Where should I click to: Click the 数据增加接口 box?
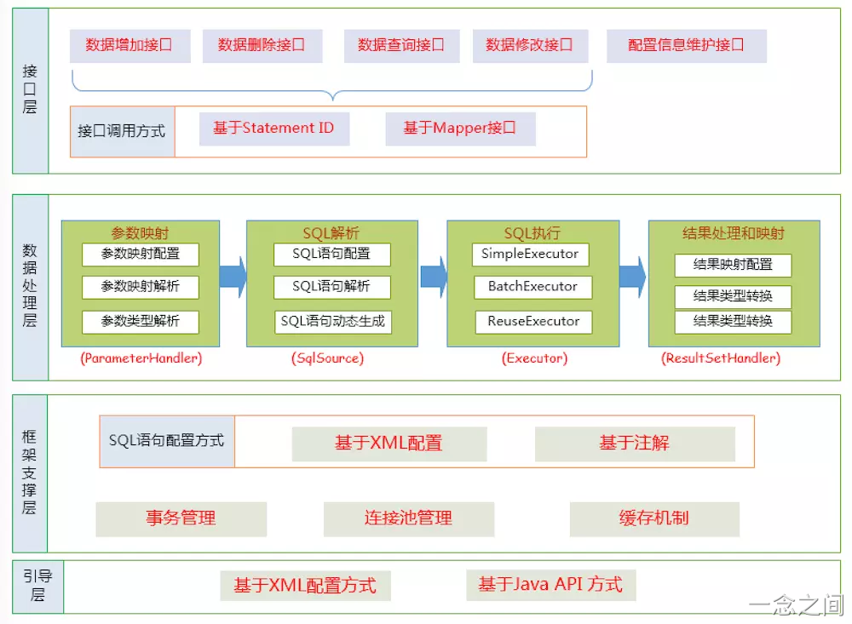coord(130,45)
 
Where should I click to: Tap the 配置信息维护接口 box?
coord(687,45)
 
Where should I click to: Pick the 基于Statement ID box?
coord(274,129)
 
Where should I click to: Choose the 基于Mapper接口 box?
coord(460,129)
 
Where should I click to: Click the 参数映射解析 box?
coord(141,286)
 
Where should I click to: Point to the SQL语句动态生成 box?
coord(333,321)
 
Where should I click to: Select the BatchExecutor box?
coord(532,286)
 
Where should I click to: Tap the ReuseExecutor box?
coord(532,321)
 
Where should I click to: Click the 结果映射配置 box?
coord(733,265)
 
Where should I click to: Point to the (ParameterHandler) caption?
coord(141,358)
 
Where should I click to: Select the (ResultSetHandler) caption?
coord(721,358)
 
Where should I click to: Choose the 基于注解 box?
coord(635,444)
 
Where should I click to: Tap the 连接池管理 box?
coord(409,518)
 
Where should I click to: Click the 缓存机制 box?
coord(654,518)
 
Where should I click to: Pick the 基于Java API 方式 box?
coord(550,585)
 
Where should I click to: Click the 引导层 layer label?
coord(37,585)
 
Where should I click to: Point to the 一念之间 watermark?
coord(797,605)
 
